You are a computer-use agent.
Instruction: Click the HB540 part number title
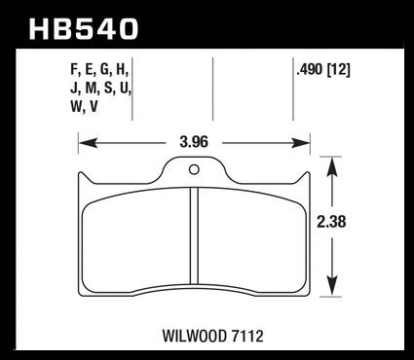84,29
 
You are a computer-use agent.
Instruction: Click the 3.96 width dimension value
194,142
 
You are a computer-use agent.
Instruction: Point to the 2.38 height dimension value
331,222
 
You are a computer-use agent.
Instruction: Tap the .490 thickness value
310,70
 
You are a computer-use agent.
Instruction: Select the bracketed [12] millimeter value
339,70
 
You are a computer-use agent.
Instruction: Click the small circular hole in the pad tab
194,169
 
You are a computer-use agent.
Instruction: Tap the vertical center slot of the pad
194,235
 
